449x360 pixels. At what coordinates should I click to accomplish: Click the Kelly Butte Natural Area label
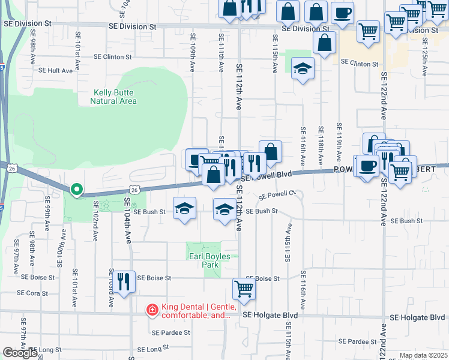click(114, 97)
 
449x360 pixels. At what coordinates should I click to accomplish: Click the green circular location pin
click(76, 190)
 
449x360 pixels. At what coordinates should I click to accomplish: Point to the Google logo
click(20, 353)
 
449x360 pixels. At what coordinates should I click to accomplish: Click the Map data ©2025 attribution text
click(423, 355)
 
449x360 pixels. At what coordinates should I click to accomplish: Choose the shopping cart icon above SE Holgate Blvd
click(244, 289)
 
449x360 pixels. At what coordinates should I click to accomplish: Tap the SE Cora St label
click(37, 293)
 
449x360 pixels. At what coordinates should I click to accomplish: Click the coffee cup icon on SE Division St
click(342, 13)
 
